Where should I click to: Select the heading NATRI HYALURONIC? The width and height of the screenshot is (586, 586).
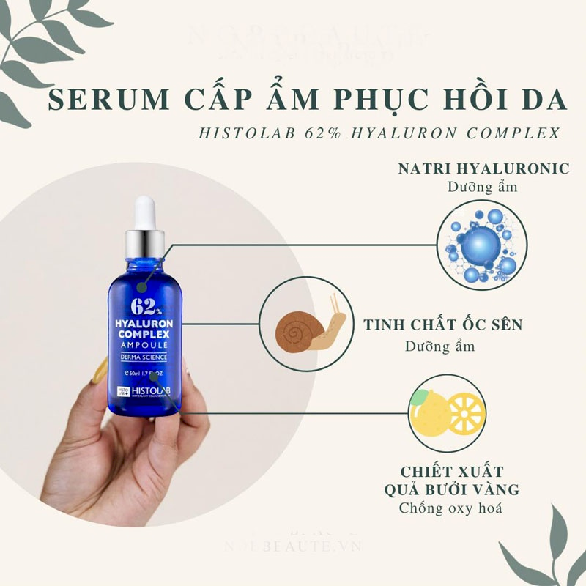[x=483, y=168]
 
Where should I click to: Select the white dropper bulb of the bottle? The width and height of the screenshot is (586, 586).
[x=145, y=208]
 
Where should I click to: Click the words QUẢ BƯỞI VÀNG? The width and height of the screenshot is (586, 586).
[x=451, y=489]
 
